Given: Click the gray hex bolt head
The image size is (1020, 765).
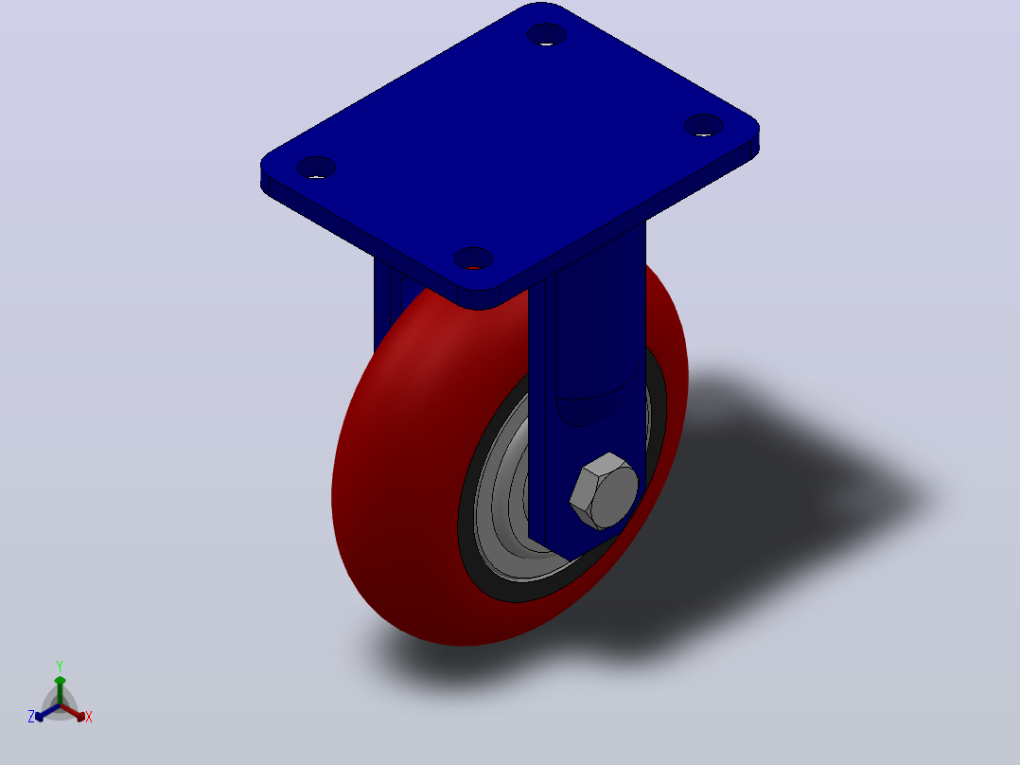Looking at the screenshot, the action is pos(605,490).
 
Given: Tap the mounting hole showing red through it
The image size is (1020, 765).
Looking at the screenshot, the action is pos(473,258).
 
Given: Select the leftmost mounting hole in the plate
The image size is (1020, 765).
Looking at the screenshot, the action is pos(316,168).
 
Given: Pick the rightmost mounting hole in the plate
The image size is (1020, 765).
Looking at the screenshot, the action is pos(704,125).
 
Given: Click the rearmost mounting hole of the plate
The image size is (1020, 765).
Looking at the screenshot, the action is pos(547,34).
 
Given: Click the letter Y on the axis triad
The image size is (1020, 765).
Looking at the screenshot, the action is pos(60,667).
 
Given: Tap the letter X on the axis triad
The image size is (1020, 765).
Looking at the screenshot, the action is pos(89,717).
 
